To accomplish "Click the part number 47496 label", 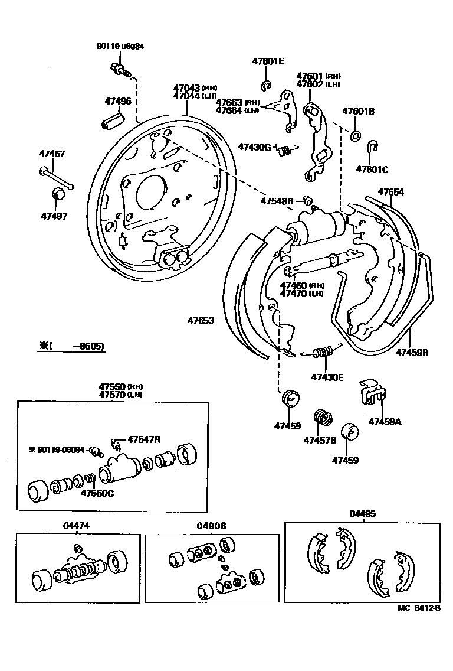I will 118,101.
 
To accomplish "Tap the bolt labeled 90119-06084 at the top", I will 120,70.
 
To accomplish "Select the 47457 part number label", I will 53,155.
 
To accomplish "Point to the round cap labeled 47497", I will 59,194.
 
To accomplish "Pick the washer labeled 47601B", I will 356,136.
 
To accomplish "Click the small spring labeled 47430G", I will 285,151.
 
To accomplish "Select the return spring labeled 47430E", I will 322,353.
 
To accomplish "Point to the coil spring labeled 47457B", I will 322,420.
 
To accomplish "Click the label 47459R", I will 412,353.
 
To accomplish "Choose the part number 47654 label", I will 390,192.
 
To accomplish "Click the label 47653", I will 201,321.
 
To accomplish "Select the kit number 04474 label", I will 77,526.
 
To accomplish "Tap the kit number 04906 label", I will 211,526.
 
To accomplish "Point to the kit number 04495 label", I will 362,514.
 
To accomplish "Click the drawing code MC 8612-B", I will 419,608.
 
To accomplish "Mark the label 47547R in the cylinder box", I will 145,439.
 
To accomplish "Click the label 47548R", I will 277,201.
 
